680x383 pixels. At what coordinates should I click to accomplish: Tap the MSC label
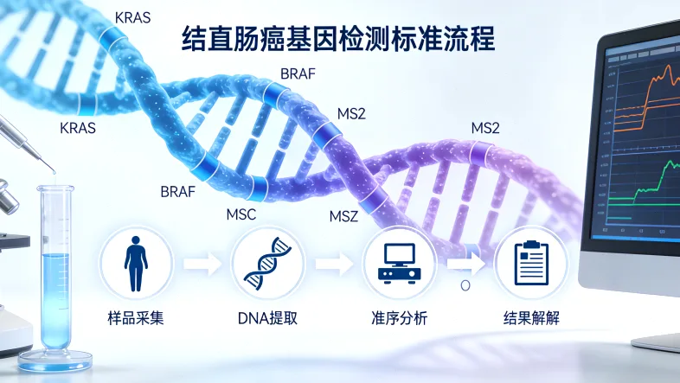[x=241, y=214]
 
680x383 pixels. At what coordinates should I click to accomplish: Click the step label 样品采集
[x=136, y=318]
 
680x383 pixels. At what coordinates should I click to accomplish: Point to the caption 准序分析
[x=398, y=318]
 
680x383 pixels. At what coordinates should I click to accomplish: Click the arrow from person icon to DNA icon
[x=202, y=263]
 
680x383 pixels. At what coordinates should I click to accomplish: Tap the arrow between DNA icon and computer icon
[x=333, y=263]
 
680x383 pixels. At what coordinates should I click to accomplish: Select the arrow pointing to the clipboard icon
[x=467, y=258]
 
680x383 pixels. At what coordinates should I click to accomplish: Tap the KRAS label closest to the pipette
[x=77, y=128]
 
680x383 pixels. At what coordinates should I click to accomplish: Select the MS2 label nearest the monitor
[x=485, y=128]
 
